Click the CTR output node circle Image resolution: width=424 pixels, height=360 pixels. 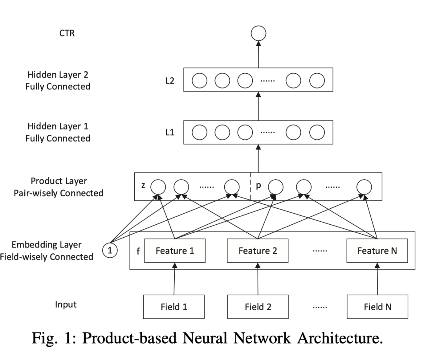pyautogui.click(x=258, y=33)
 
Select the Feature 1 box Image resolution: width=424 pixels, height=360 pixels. pyautogui.click(x=175, y=251)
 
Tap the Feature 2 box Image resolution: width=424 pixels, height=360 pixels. pyautogui.click(x=258, y=251)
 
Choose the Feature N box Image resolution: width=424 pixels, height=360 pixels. pyautogui.click(x=377, y=251)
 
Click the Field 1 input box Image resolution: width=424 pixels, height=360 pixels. pyautogui.click(x=174, y=306)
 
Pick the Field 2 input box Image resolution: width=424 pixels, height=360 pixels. pyautogui.click(x=258, y=306)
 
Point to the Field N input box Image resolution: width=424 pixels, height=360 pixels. pyautogui.click(x=377, y=306)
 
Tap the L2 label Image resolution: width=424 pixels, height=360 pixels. pyautogui.click(x=170, y=80)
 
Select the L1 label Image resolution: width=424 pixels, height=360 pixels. pyautogui.click(x=170, y=133)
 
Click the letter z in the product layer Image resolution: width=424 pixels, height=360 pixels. pyautogui.click(x=143, y=185)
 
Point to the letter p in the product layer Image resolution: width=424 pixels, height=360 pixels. pyautogui.click(x=258, y=185)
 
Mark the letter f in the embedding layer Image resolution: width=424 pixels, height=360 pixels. pyautogui.click(x=138, y=251)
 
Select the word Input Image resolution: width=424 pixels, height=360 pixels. pyautogui.click(x=66, y=305)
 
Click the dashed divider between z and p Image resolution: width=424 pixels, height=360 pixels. pyautogui.click(x=250, y=185)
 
